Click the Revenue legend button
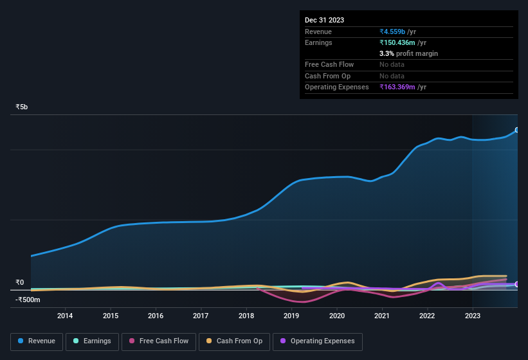[x=37, y=341]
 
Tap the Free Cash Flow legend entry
[x=158, y=341]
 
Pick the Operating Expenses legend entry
[x=317, y=341]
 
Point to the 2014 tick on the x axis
[x=65, y=316]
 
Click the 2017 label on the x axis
[x=201, y=316]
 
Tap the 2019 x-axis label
[x=291, y=316]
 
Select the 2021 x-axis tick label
[x=382, y=316]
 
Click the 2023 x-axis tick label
[x=473, y=316]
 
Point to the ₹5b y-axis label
[x=22, y=107]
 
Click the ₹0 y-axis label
[x=20, y=282]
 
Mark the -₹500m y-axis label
[x=26, y=300]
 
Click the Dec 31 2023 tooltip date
[x=325, y=20]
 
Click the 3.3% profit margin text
[x=408, y=53]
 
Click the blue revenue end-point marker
[x=517, y=130]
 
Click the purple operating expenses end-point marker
[x=517, y=284]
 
